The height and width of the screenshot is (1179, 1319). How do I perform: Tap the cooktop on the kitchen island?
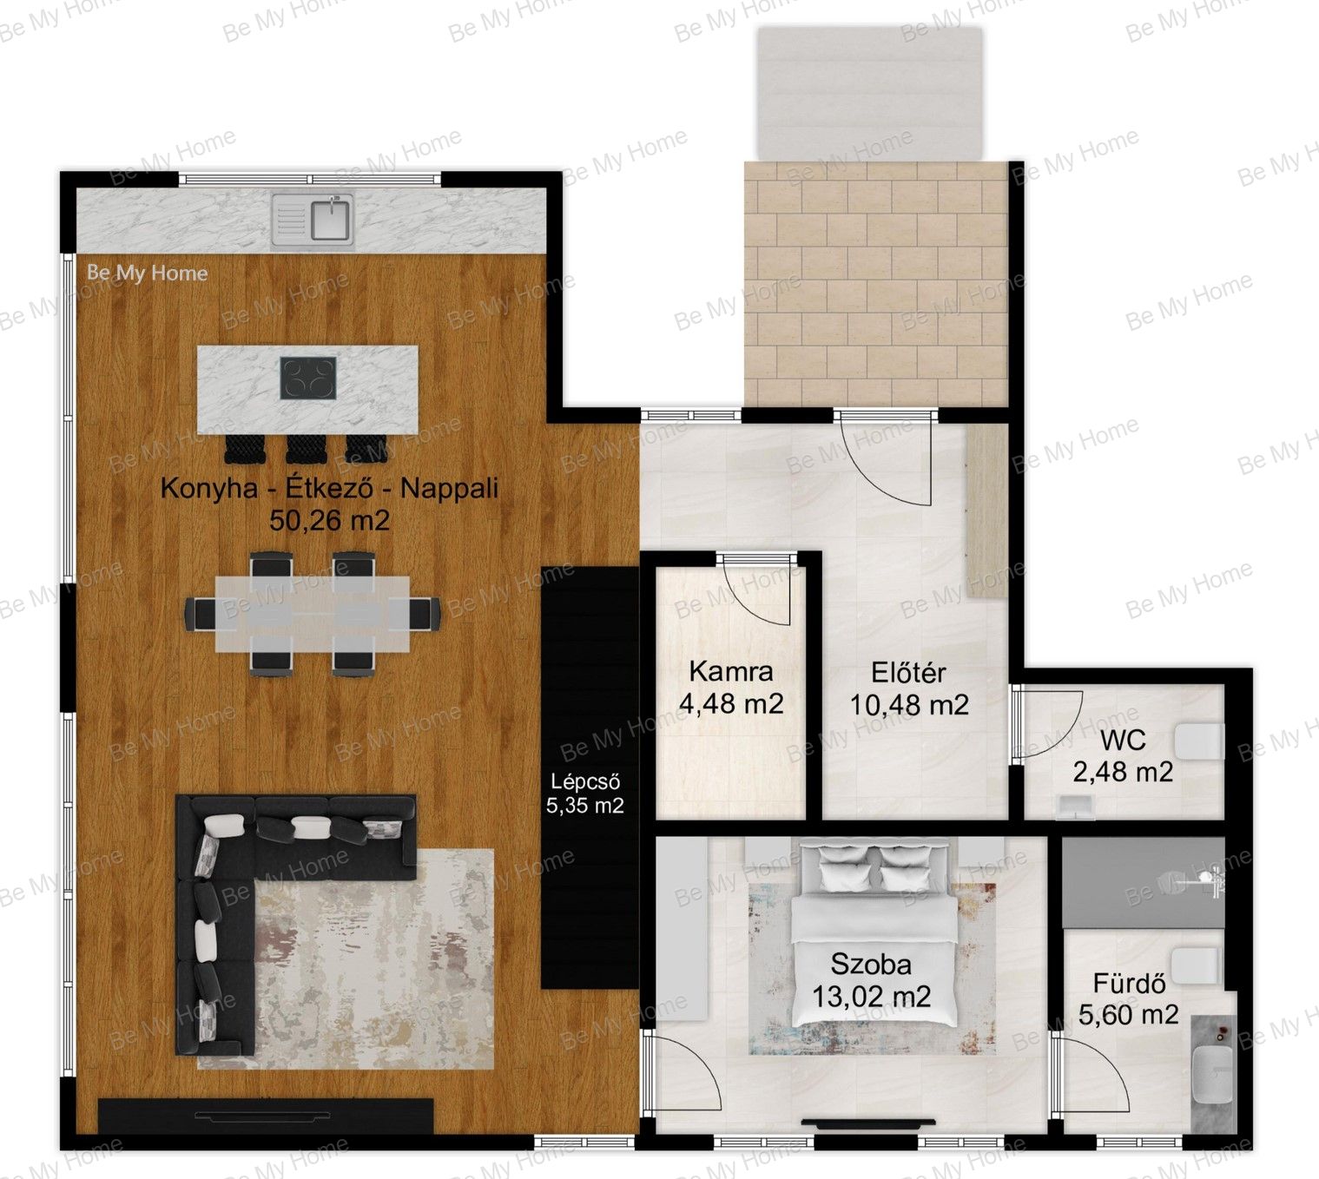308,379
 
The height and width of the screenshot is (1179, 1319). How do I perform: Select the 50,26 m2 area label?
329,520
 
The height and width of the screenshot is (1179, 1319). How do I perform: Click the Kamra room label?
731,671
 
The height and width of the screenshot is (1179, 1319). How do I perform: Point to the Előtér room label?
908,673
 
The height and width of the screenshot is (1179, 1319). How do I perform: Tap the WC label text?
1123,741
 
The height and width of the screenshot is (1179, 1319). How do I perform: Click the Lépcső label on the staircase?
584,782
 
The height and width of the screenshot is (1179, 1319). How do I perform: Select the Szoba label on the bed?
871,965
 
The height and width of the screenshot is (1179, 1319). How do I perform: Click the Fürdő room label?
1129,984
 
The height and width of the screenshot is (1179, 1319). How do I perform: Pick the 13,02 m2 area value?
871,997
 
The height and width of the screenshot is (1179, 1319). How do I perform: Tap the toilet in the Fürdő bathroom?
1196,966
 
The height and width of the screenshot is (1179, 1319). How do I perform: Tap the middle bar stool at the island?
307,449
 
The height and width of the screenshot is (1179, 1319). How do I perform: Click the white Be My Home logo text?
148,273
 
